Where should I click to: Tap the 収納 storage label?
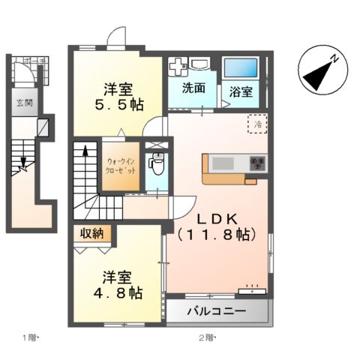(x=94, y=234)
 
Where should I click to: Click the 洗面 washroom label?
(x=193, y=88)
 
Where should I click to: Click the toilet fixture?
(x=157, y=162)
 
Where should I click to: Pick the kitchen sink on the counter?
(x=223, y=163)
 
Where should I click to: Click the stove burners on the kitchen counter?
(x=257, y=163)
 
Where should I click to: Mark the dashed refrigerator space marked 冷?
(x=257, y=124)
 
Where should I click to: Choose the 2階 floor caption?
(x=206, y=337)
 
